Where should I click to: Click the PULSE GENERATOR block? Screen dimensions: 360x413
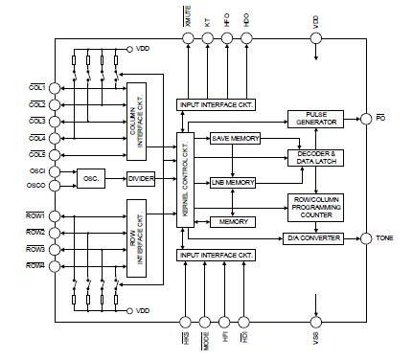pyautogui.click(x=315, y=120)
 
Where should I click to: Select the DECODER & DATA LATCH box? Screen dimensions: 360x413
pyautogui.click(x=315, y=158)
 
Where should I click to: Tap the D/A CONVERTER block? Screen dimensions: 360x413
pyautogui.click(x=314, y=238)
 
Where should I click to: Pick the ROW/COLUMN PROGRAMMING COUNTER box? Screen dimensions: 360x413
pyautogui.click(x=315, y=205)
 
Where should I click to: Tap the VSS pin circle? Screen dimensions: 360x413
pyautogui.click(x=315, y=324)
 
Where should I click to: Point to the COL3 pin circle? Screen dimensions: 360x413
pyautogui.click(x=55, y=120)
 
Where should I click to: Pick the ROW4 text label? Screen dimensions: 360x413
pyautogui.click(x=35, y=265)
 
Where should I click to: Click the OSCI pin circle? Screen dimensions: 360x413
pyautogui.click(x=55, y=171)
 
